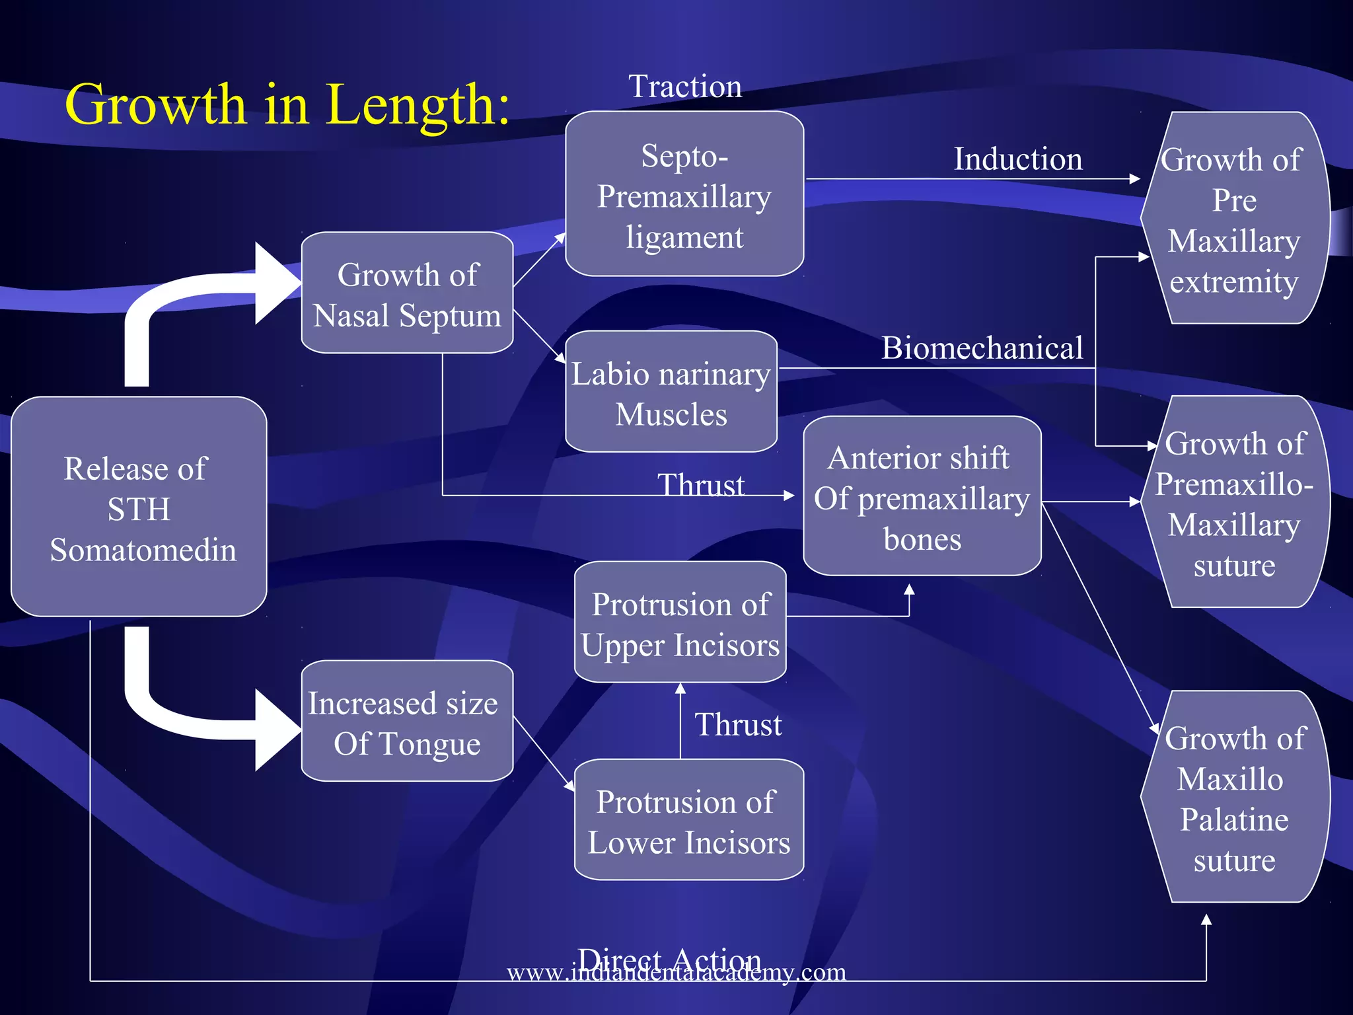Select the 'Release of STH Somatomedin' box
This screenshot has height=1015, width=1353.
[x=139, y=507]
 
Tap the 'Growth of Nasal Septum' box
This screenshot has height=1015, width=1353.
[x=407, y=293]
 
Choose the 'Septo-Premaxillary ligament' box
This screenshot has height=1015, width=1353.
[x=684, y=194]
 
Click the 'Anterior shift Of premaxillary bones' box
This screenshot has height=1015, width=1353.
[x=922, y=497]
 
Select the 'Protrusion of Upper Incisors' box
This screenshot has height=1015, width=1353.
[x=680, y=622]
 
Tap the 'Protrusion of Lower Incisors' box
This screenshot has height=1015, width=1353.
[x=688, y=821]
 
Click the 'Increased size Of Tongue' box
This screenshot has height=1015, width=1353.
[x=407, y=722]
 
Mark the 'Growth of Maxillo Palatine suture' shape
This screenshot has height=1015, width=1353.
[x=1234, y=798]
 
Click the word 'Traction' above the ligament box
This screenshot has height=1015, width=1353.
[x=685, y=87]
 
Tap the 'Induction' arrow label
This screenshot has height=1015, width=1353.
[x=1018, y=159]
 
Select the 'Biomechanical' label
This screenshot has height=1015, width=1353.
[x=982, y=348]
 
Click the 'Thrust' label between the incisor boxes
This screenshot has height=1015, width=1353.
[x=738, y=725]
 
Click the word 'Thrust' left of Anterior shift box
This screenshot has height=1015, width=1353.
[x=701, y=484]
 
